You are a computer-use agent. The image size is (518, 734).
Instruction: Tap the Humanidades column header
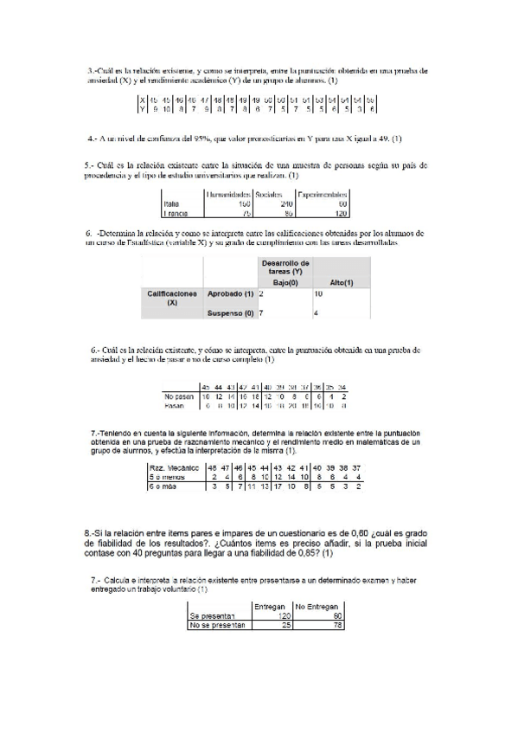[228, 195]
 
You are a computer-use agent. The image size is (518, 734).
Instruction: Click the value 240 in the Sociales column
[278, 203]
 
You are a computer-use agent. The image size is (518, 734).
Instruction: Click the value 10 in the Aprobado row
[318, 295]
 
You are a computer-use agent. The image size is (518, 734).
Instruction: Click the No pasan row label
[180, 396]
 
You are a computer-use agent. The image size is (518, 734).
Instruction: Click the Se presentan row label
[212, 616]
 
